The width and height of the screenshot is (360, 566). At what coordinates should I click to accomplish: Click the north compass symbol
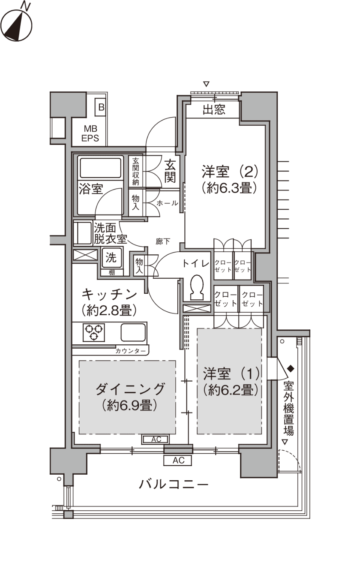pyautogui.click(x=16, y=24)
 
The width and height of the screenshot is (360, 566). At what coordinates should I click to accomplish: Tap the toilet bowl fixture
pyautogui.click(x=197, y=287)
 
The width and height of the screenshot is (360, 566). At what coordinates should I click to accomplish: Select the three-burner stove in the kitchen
pyautogui.click(x=94, y=332)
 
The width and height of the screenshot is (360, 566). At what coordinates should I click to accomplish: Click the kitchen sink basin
pyautogui.click(x=133, y=332)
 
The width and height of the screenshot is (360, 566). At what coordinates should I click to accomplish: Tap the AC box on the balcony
pyautogui.click(x=178, y=461)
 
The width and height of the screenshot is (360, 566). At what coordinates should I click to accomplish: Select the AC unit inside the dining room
pyautogui.click(x=156, y=440)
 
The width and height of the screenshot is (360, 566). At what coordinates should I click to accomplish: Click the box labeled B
pyautogui.click(x=101, y=107)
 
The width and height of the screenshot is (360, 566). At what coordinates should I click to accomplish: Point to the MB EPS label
pyautogui.click(x=90, y=133)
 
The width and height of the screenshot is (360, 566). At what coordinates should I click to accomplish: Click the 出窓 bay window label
pyautogui.click(x=214, y=110)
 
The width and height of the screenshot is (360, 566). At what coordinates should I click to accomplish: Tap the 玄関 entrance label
pyautogui.click(x=170, y=172)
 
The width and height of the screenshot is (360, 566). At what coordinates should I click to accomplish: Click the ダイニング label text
pyautogui.click(x=130, y=389)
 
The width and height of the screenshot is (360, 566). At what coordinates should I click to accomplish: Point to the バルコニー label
pyautogui.click(x=174, y=484)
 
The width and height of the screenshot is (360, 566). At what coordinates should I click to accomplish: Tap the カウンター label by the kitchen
pyautogui.click(x=131, y=351)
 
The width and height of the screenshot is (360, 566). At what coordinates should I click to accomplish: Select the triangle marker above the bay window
pyautogui.click(x=207, y=84)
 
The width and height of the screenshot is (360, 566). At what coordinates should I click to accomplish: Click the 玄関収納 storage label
pyautogui.click(x=136, y=172)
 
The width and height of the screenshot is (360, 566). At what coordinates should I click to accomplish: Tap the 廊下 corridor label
pyautogui.click(x=163, y=241)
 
